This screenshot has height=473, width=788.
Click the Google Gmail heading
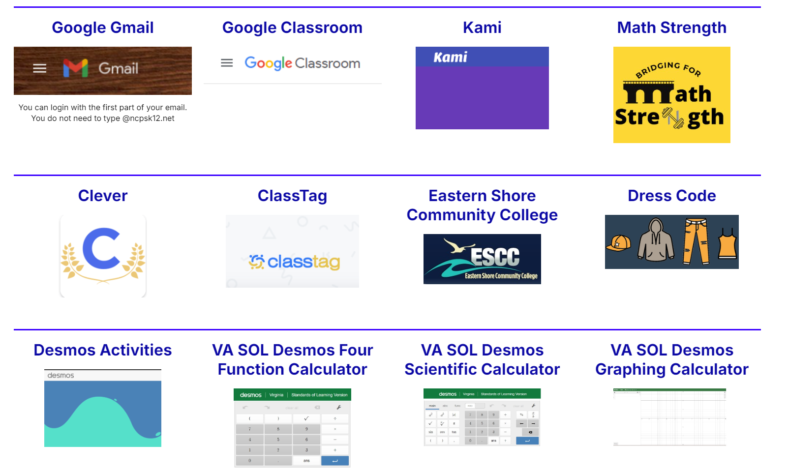pyautogui.click(x=103, y=28)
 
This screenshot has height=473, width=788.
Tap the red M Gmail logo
pyautogui.click(x=75, y=68)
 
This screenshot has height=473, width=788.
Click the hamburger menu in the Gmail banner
pyautogui.click(x=40, y=68)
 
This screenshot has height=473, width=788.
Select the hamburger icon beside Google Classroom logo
pyautogui.click(x=227, y=63)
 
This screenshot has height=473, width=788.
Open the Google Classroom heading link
pyautogui.click(x=292, y=28)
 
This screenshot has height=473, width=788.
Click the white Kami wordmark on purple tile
pyautogui.click(x=450, y=58)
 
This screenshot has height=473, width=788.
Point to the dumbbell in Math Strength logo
pyautogui.click(x=673, y=118)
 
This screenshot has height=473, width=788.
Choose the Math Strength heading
pyautogui.click(x=671, y=28)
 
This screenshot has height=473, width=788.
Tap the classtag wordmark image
pyautogui.click(x=294, y=262)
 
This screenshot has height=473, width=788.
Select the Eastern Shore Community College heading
pyautogui.click(x=482, y=206)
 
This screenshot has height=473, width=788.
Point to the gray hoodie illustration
pyautogui.click(x=656, y=240)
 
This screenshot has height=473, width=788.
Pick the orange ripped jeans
pyautogui.click(x=696, y=241)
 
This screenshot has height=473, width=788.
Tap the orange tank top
pyautogui.click(x=727, y=243)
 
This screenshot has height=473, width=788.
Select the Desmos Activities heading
pyautogui.click(x=103, y=350)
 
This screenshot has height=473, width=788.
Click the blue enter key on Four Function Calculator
pyautogui.click(x=334, y=461)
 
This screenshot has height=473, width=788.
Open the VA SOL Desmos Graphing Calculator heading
pyautogui.click(x=671, y=359)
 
